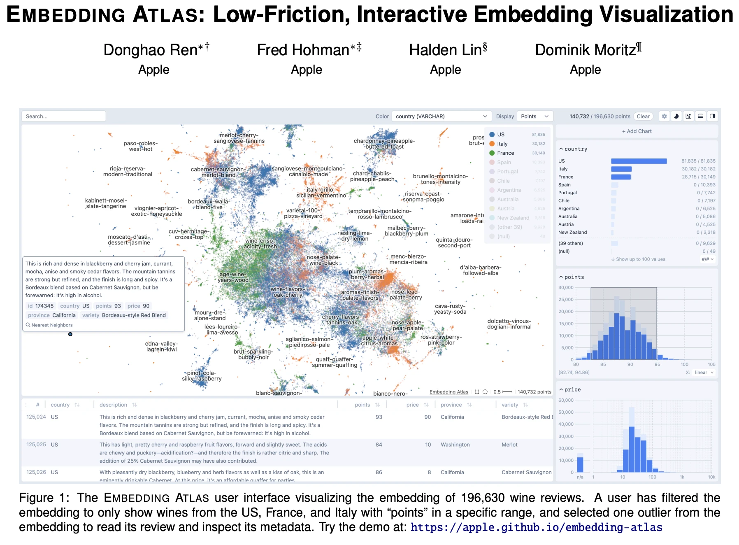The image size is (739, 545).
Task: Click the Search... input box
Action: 63,116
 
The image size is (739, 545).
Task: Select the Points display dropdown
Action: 534,116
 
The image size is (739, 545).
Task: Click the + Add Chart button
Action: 637,131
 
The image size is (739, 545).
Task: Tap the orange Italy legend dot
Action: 492,144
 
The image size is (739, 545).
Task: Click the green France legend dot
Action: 492,153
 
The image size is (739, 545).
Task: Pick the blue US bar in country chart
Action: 639,161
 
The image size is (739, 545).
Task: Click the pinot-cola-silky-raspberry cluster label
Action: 202,376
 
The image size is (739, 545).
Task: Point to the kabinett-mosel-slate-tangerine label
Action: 106,203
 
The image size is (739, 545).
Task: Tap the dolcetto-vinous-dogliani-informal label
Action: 509,324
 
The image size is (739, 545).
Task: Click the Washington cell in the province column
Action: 455,445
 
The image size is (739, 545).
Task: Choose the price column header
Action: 412,405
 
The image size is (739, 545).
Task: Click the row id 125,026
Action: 36,472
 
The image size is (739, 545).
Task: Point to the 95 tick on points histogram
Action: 657,364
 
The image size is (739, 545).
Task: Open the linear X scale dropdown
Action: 704,373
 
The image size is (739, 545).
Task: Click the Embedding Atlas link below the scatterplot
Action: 449,392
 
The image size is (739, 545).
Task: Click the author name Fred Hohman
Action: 303,50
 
